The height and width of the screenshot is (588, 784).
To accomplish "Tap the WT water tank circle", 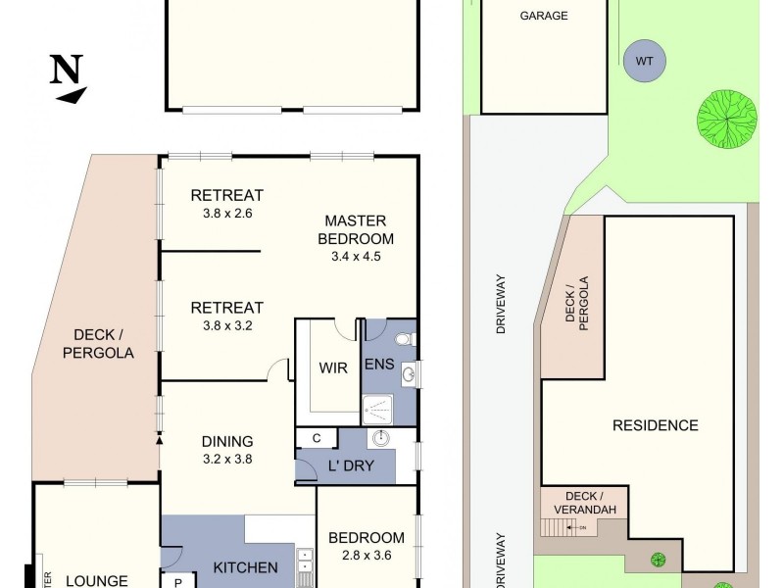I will coord(644,61).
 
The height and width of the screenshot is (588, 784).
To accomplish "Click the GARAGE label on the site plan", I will coord(543,16).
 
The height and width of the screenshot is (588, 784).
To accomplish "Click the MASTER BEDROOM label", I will coord(359,229).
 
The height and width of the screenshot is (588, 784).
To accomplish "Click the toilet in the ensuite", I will coord(404,341).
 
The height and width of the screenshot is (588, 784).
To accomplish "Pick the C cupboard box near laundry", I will coord(317,438).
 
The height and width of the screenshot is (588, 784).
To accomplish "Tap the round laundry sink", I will coord(381,438).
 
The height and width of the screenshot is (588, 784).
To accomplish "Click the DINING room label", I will coord(227,441).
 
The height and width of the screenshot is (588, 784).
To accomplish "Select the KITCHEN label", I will coord(246,567).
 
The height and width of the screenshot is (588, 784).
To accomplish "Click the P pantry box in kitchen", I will coord(178,580).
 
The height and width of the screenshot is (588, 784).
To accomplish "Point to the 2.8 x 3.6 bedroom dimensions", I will coord(366,556).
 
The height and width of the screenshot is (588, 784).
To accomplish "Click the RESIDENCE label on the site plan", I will coord(655,425).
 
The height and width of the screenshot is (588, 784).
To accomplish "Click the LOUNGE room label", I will coord(97,580).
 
